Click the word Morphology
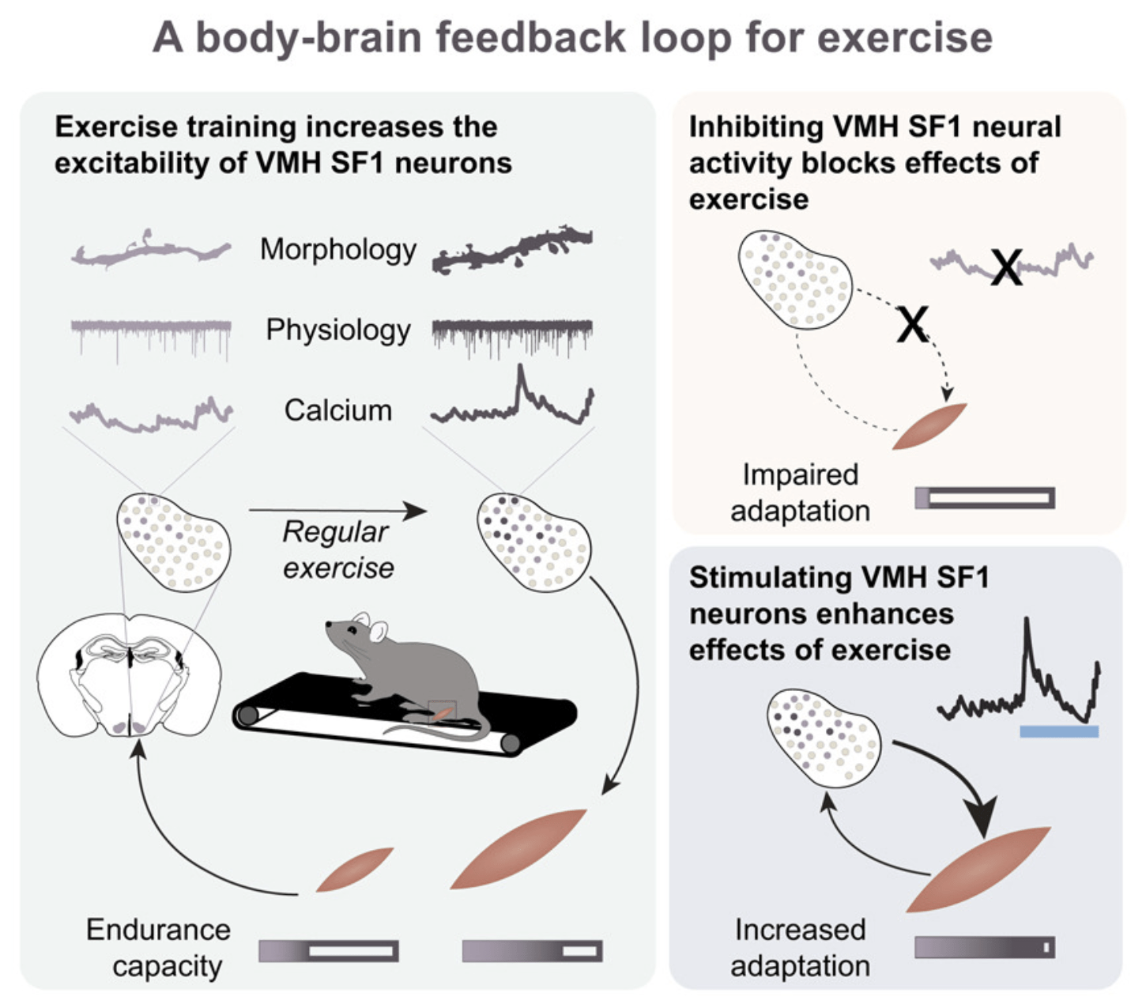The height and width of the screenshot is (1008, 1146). coord(337,250)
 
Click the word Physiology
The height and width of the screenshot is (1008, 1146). coord(337,330)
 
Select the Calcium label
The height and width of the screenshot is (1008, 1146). coord(337,410)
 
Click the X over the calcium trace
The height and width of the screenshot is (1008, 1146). coord(1007,267)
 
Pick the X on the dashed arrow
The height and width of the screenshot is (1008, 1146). coord(913,324)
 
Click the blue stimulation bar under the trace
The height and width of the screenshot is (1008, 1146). coord(1058,731)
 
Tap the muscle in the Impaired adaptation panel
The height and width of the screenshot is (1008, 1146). coord(930,426)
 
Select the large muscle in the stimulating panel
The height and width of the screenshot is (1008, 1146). coord(978,869)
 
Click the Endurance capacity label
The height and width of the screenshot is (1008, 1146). coord(159,947)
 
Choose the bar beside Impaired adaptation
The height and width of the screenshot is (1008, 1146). coord(984,497)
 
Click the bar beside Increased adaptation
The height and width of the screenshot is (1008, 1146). coord(984,947)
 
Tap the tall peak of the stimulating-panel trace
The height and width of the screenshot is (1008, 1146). coord(1027,625)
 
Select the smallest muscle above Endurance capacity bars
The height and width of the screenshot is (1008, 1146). coord(354,870)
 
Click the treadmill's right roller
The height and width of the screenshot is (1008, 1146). coord(511,743)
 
